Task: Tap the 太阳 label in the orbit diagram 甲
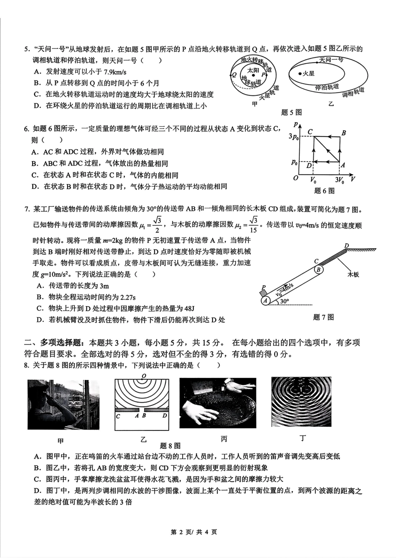coord(253,70)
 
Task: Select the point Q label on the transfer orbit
coord(234,75)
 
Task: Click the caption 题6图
coord(324,191)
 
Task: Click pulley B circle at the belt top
coord(318,269)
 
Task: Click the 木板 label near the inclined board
coord(353,275)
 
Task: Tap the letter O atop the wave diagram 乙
coord(143,376)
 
